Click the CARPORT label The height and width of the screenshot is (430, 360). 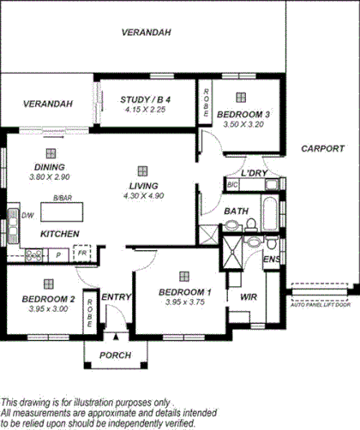(x=323, y=149)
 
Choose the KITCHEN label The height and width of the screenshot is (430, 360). (x=60, y=234)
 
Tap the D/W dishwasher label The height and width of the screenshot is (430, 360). (x=27, y=215)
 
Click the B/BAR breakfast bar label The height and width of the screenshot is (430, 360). (x=62, y=198)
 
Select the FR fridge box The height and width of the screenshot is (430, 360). (x=82, y=254)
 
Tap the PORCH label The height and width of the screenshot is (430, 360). (x=115, y=355)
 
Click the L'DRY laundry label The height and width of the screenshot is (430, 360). (x=255, y=173)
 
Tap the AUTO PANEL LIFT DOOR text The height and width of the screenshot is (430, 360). (x=323, y=306)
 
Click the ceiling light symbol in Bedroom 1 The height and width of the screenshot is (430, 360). (x=184, y=276)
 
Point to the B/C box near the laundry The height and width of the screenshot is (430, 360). (x=231, y=184)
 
